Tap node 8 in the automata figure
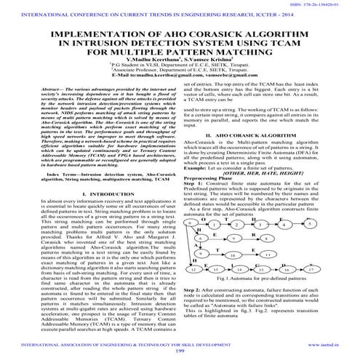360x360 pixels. click(x=287, y=219)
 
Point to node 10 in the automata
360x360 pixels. click(x=252, y=234)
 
